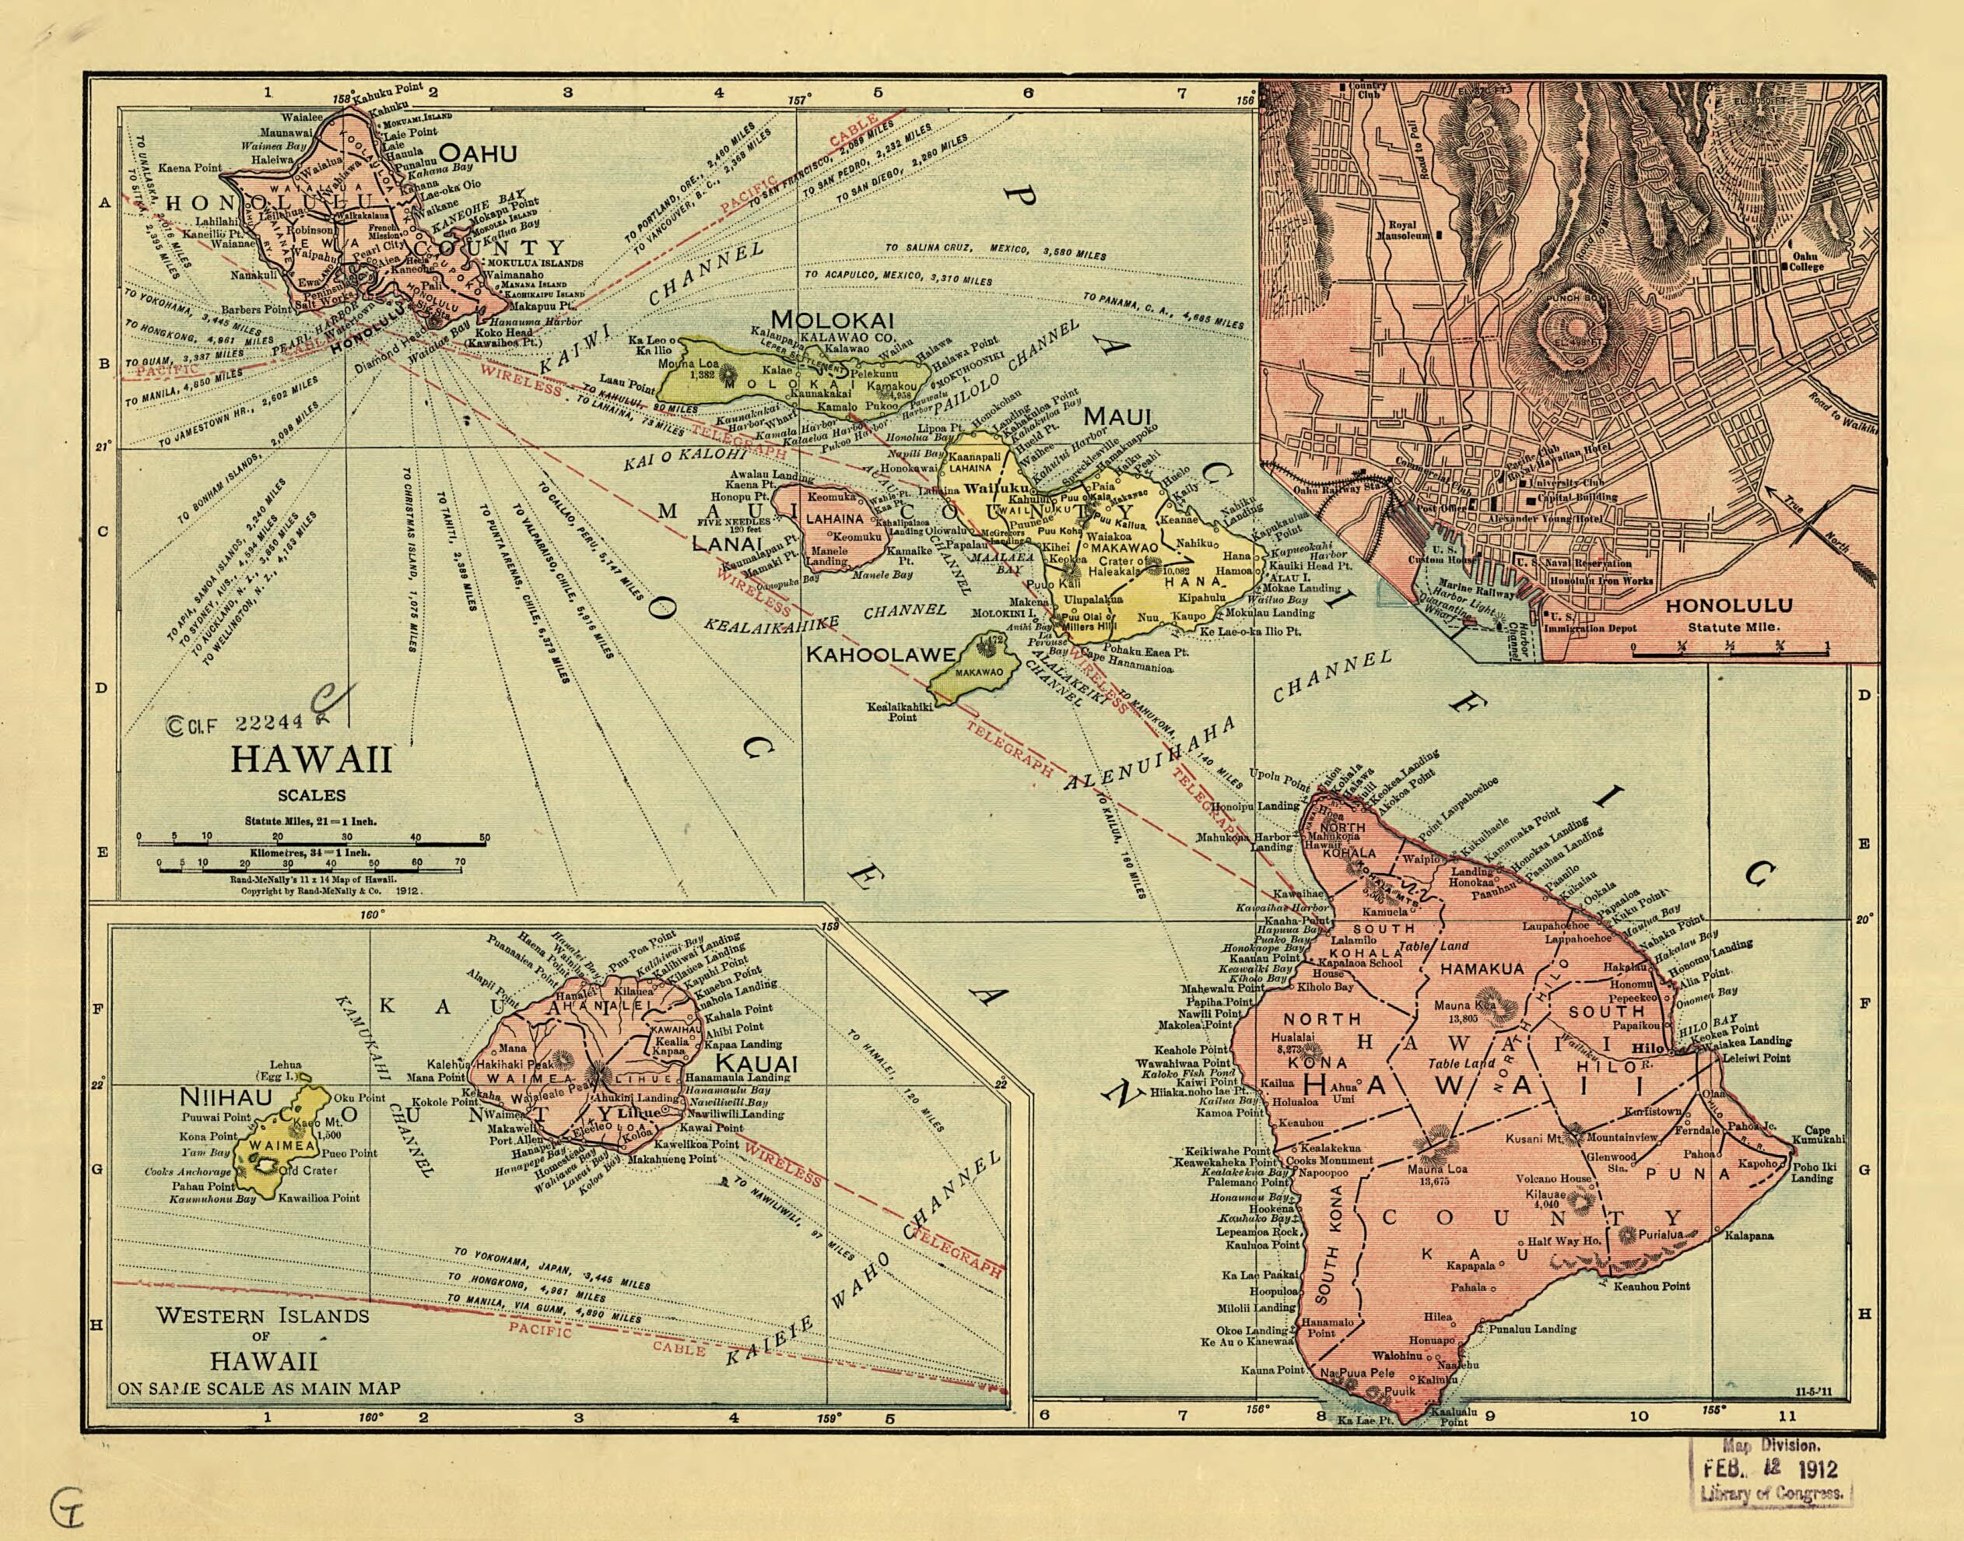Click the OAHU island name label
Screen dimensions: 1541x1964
[x=477, y=153]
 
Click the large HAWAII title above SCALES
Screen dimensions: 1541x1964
[x=311, y=760]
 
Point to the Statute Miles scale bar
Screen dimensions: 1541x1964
[x=311, y=843]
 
